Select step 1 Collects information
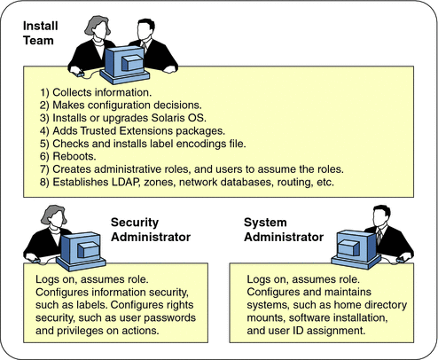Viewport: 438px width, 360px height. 92,91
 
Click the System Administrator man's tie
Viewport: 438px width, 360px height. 379,239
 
